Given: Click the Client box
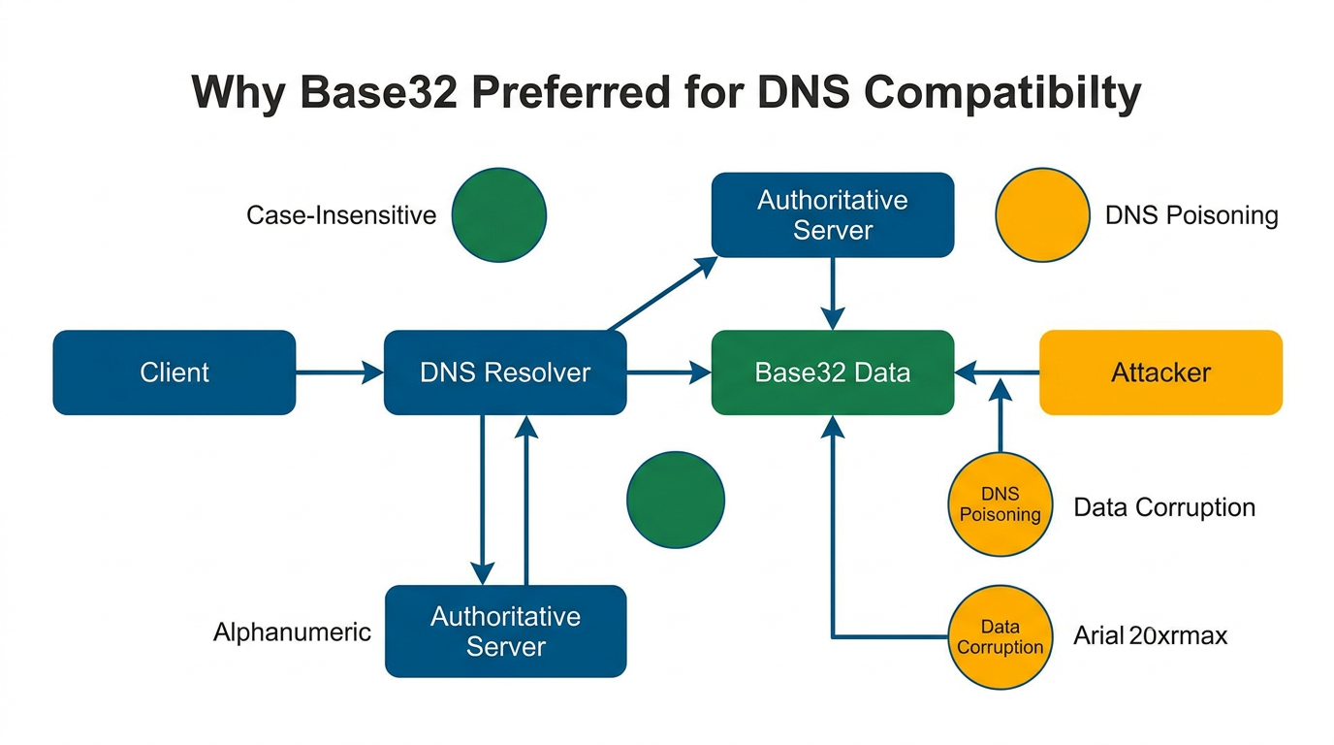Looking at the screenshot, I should point(175,372).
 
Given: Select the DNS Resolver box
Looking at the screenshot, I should point(505,372).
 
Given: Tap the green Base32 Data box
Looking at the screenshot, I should point(833,372).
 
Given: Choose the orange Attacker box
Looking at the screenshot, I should point(1160,372).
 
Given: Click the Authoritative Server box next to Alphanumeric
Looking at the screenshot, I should point(505,632).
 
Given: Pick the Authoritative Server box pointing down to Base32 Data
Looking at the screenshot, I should point(833,215).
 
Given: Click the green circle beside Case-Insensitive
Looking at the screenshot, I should point(499,214).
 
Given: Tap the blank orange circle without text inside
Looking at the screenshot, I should point(1043,214).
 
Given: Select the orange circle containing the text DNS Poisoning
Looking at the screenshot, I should point(1000,504).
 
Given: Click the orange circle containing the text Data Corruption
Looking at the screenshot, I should point(1000,637).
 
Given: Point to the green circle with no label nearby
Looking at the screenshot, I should point(676,500).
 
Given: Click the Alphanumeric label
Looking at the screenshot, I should point(292,632).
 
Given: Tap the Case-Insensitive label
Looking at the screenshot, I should point(341,214).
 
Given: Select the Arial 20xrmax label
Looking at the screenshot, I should point(1151,636).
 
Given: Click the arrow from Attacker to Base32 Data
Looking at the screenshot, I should point(997,372).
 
